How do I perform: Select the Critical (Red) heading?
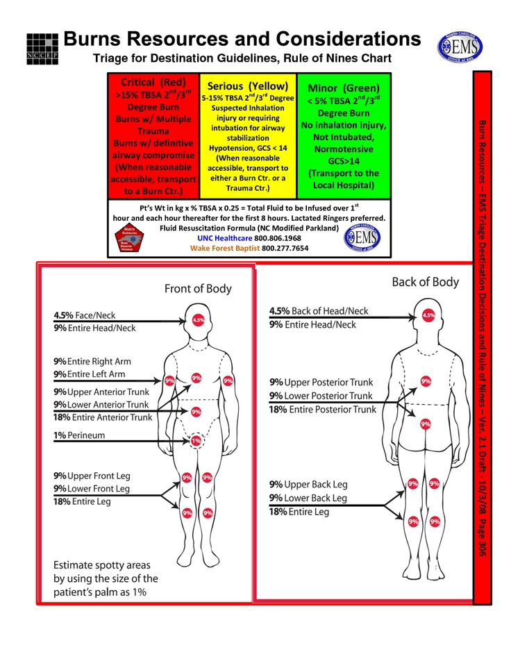pyautogui.click(x=153, y=82)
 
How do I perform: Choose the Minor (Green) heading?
pyautogui.click(x=344, y=88)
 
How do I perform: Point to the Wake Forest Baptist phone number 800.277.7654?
pyautogui.click(x=285, y=248)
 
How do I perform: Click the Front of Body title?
pyautogui.click(x=198, y=289)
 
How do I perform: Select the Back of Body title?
pyautogui.click(x=426, y=282)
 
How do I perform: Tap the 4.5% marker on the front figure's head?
pyautogui.click(x=199, y=321)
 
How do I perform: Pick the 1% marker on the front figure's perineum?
pyautogui.click(x=196, y=440)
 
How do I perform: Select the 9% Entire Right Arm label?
pyautogui.click(x=92, y=362)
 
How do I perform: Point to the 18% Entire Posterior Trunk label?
pyautogui.click(x=322, y=410)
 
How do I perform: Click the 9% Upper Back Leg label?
pyautogui.click(x=308, y=485)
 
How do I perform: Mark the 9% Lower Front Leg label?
pyautogui.click(x=91, y=489)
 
